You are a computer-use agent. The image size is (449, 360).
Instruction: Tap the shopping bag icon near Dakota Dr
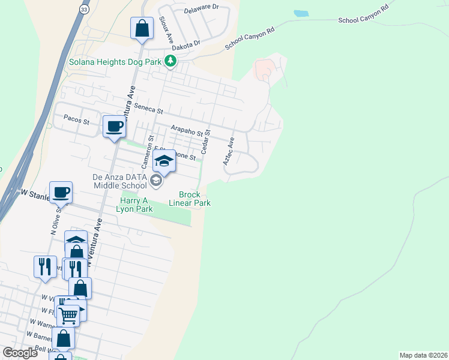[142, 28]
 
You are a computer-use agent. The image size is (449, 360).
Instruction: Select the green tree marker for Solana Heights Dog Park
[171, 61]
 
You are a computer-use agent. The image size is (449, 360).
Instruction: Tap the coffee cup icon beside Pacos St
[114, 127]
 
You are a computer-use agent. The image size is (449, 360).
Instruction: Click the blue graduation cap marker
[164, 161]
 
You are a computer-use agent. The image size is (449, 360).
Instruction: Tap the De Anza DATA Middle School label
[119, 181]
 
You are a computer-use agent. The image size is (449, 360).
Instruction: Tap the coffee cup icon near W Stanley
[61, 193]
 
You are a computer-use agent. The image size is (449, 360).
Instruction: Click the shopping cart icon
[68, 314]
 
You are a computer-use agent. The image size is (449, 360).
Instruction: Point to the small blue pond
[301, 13]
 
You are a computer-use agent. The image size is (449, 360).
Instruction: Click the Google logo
[20, 353]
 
